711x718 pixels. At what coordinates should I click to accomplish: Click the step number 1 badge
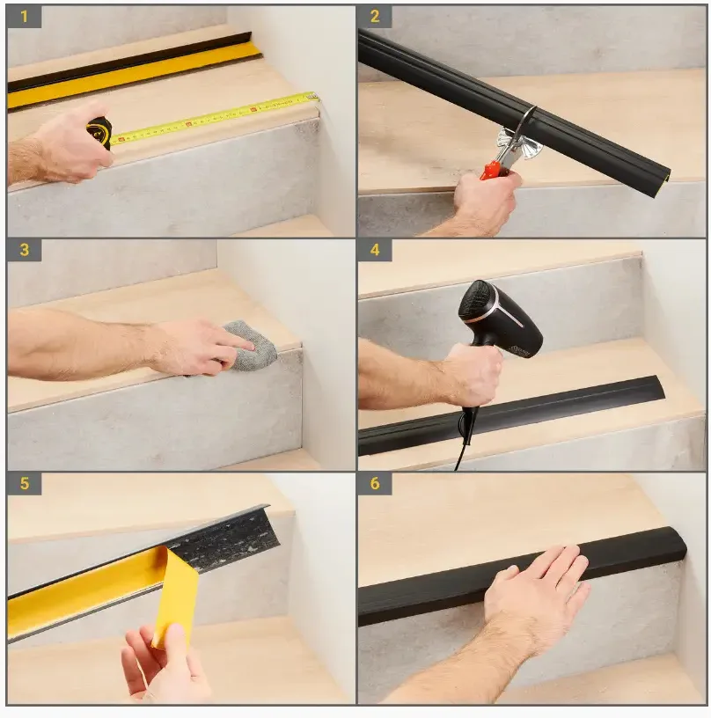(25, 17)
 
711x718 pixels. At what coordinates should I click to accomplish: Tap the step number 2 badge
(375, 17)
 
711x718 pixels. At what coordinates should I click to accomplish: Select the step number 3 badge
(25, 250)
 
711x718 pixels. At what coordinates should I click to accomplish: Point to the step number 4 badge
(375, 250)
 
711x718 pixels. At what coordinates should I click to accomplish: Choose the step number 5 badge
(25, 484)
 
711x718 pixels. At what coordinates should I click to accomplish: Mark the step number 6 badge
(375, 484)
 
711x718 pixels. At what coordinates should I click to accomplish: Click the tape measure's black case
(99, 133)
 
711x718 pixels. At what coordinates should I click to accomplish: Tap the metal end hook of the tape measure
(314, 96)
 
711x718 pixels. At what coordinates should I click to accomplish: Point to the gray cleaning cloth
(251, 346)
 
